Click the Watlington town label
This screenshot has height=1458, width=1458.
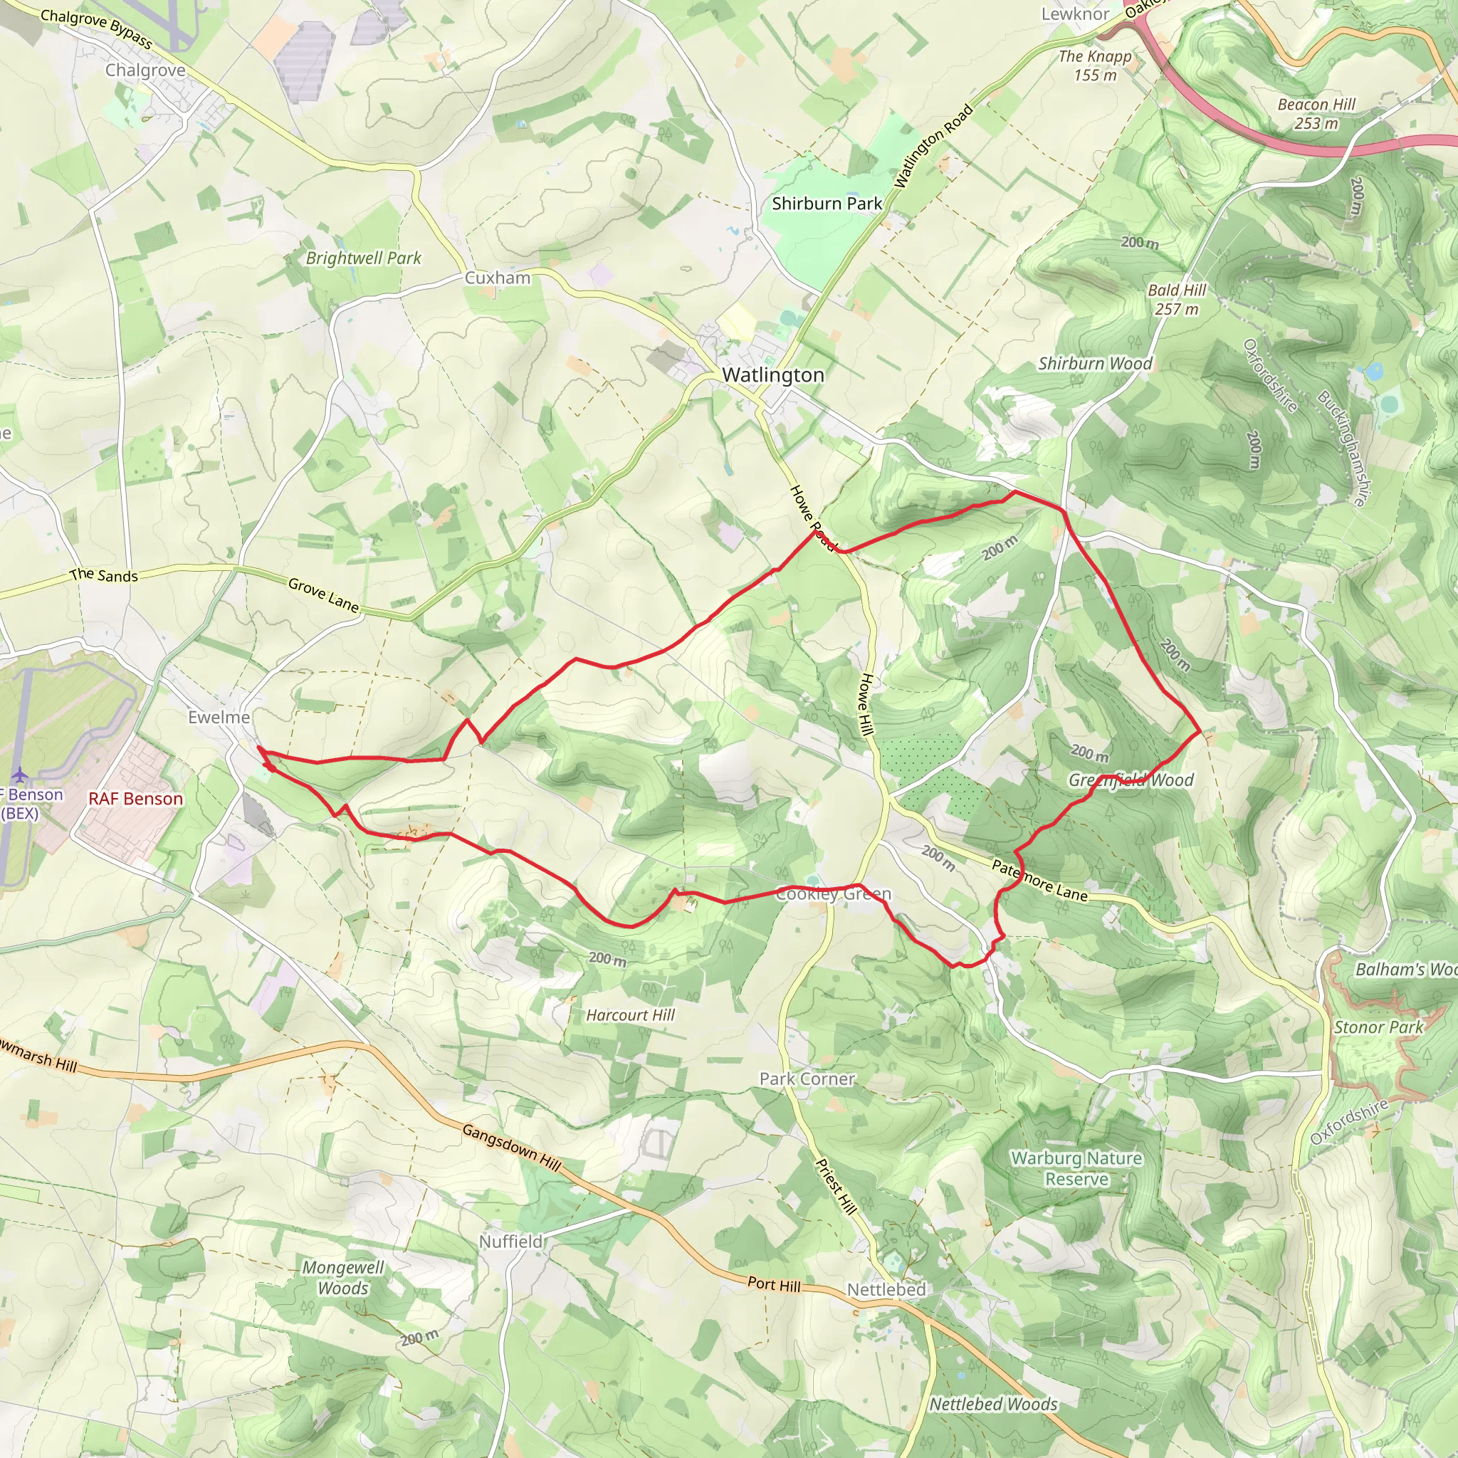tap(772, 375)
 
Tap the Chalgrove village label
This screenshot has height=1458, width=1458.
tap(145, 70)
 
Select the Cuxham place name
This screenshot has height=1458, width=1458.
tap(498, 278)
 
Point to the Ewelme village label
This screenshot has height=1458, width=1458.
tap(219, 717)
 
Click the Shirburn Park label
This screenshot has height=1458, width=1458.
tap(827, 204)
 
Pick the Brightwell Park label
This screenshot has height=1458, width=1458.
tap(364, 258)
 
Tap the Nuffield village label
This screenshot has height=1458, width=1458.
tap(511, 1242)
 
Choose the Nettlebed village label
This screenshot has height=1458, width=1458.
tap(886, 1290)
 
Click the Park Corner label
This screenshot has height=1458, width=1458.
tap(807, 1079)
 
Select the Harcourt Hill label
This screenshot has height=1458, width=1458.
tap(630, 1015)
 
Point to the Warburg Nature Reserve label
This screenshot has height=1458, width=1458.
tap(1076, 1169)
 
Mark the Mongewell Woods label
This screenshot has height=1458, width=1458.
tap(343, 1278)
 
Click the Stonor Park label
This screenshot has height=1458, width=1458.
tap(1378, 1027)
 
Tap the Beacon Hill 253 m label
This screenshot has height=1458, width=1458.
tap(1316, 114)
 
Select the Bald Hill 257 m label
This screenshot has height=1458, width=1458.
tap(1177, 300)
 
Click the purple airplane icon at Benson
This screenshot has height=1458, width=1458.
tap(20, 775)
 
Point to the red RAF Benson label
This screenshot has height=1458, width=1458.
tap(136, 799)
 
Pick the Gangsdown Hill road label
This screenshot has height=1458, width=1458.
tap(512, 1148)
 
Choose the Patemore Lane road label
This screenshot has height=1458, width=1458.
tap(1040, 881)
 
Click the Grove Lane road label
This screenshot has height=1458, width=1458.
tap(323, 594)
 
